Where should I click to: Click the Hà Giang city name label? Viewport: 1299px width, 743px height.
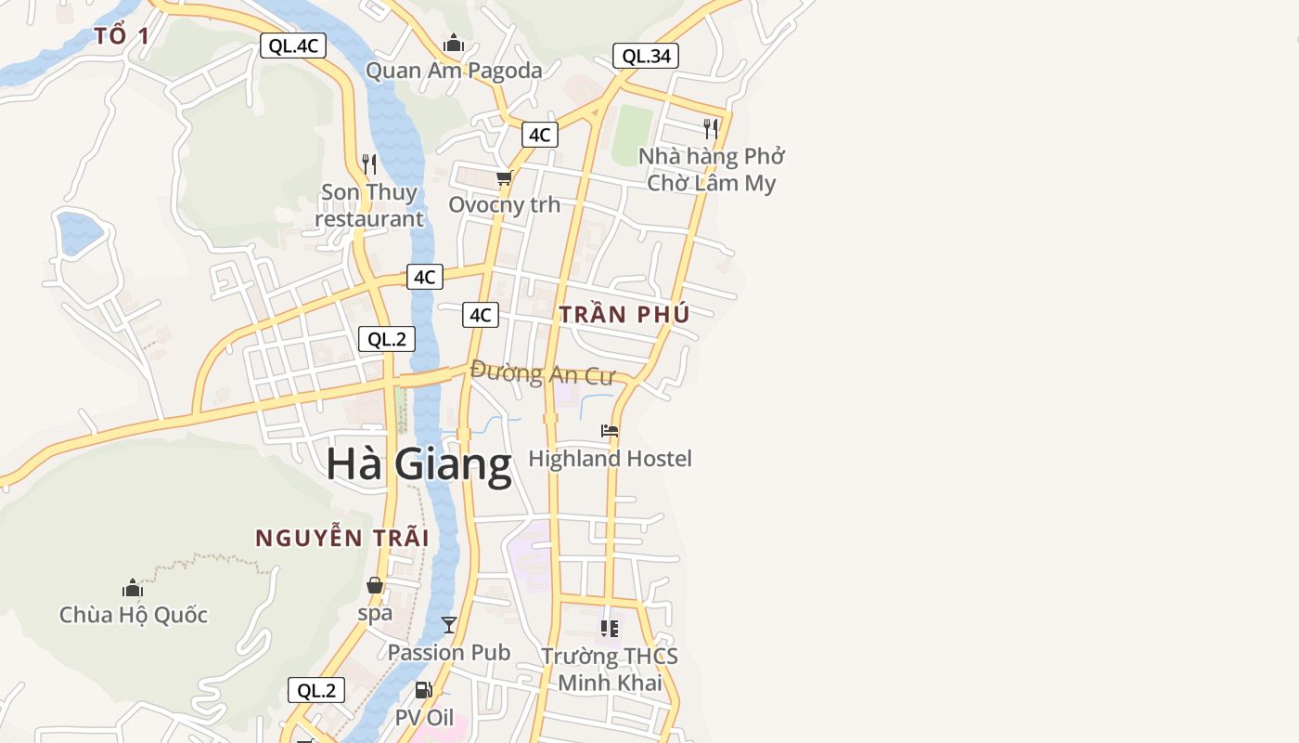(x=418, y=464)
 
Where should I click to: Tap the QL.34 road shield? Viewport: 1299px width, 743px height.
(x=646, y=56)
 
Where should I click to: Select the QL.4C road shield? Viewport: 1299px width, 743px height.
(x=293, y=46)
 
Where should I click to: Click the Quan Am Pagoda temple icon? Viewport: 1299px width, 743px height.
(x=453, y=43)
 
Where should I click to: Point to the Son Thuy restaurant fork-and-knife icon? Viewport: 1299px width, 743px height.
(x=369, y=164)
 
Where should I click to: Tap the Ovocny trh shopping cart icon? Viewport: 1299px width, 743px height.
(x=504, y=177)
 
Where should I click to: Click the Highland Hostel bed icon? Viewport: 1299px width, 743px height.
(x=610, y=431)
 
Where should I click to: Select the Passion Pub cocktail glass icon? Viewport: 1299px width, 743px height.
(x=449, y=624)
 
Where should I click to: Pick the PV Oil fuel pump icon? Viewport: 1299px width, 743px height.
(x=424, y=690)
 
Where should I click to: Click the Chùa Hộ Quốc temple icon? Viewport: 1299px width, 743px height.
(x=133, y=588)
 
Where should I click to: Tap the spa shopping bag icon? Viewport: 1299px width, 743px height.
(x=375, y=585)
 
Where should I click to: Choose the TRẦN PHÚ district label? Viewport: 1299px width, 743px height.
(x=624, y=315)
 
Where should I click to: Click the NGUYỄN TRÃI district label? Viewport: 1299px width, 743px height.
(x=342, y=538)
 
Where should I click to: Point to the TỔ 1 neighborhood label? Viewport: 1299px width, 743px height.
(x=122, y=36)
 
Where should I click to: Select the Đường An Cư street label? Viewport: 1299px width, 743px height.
(x=543, y=373)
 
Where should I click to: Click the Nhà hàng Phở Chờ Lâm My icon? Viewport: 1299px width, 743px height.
(x=711, y=128)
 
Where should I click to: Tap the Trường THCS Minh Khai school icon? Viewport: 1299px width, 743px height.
(x=610, y=629)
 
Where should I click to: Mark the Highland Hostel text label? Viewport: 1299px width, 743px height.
(x=610, y=459)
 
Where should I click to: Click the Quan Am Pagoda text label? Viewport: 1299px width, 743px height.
(x=454, y=71)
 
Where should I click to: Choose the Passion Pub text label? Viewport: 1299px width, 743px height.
(x=449, y=653)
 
